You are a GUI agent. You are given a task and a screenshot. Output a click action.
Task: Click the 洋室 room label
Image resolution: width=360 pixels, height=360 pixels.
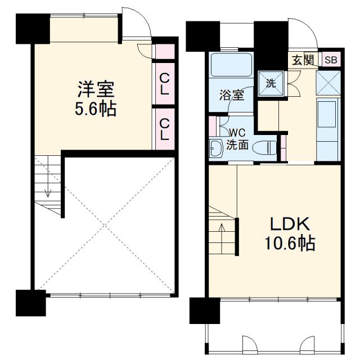[96, 89]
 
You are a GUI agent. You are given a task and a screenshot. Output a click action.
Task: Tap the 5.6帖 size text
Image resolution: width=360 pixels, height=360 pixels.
[96, 109]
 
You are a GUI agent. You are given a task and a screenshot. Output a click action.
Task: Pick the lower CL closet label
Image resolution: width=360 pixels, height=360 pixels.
[164, 129]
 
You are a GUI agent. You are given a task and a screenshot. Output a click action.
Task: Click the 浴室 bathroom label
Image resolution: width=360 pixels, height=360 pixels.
[231, 94]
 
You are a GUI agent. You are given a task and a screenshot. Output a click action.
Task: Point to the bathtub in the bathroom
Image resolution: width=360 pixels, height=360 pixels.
[230, 66]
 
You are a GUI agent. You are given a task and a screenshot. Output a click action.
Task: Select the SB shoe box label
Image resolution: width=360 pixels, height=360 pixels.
[330, 60]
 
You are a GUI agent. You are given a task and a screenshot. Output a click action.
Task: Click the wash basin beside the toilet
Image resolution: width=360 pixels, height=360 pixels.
[215, 148]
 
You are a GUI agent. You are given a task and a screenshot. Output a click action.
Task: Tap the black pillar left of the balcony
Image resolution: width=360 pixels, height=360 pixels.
[204, 311]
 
